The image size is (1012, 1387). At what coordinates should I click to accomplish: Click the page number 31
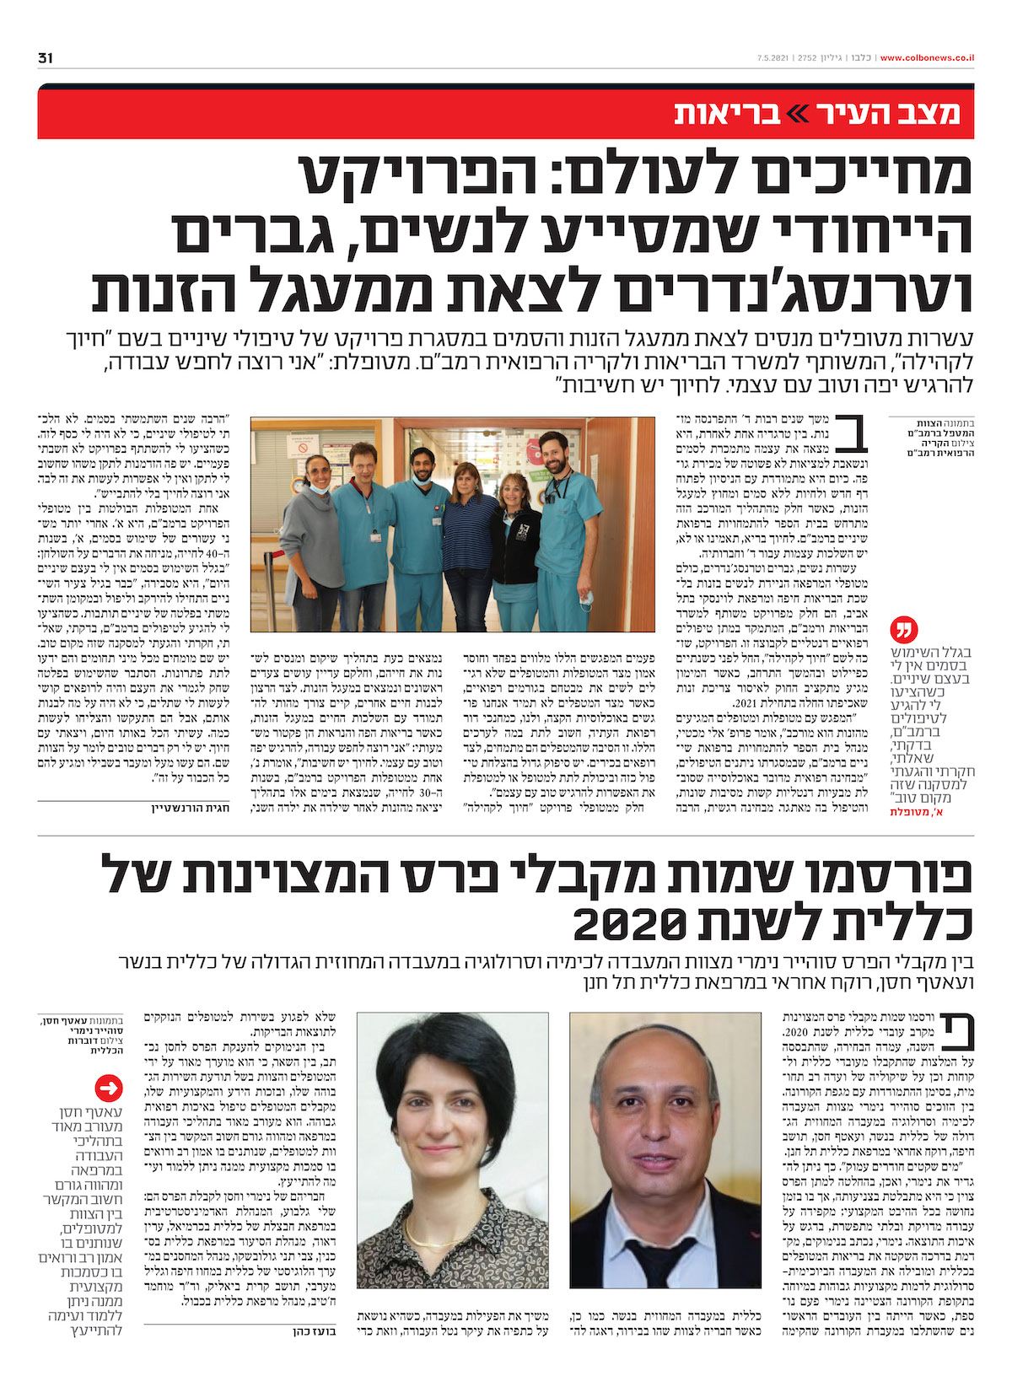tap(46, 58)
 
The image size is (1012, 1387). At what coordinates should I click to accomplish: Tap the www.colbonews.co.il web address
tap(928, 58)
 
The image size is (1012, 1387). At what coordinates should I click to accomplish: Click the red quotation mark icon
tap(903, 630)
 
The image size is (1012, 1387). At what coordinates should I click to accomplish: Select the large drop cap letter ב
tap(859, 435)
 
